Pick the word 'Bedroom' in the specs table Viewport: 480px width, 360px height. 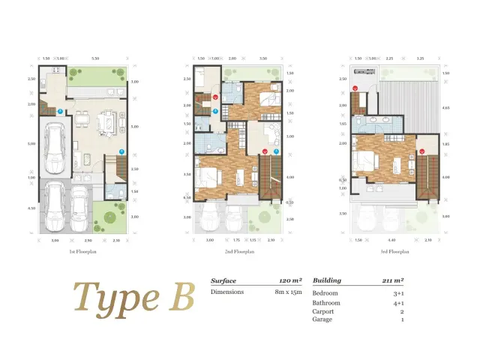325,292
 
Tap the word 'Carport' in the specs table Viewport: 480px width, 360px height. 324,310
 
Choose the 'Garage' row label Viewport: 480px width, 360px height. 322,319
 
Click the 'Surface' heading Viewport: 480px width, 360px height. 223,280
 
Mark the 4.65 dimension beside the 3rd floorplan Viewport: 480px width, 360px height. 445,108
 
